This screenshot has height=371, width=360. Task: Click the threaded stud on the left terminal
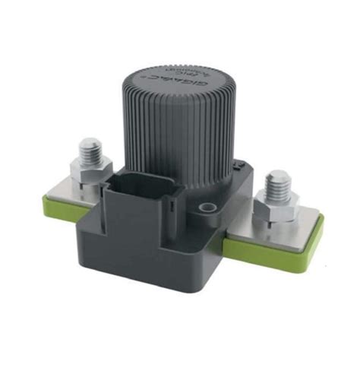tap(92, 150)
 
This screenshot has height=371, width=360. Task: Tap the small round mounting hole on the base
tap(204, 207)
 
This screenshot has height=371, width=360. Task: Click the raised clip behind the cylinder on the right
tap(238, 166)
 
